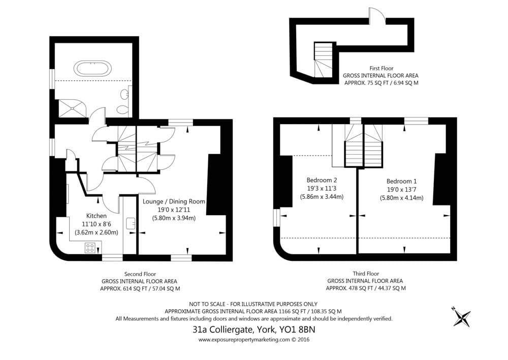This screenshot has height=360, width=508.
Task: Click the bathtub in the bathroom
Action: click(92, 68)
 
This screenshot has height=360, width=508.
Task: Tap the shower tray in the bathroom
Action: click(73, 108)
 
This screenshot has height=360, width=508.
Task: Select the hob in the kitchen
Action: click(90, 248)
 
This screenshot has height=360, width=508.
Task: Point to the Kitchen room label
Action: click(96, 216)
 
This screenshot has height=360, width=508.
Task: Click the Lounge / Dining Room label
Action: click(174, 201)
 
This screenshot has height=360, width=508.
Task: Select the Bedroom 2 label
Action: click(322, 180)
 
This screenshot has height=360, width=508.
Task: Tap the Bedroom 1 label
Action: click(401, 182)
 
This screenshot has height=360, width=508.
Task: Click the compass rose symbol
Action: click(461, 316)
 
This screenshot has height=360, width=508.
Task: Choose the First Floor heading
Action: click(382, 69)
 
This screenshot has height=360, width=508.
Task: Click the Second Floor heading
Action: click(140, 274)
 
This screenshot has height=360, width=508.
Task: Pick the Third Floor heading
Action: click(366, 274)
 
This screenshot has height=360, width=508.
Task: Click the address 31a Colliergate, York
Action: click(233, 329)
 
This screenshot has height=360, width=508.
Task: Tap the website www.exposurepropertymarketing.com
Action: click(244, 340)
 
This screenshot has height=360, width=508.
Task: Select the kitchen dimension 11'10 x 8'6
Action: click(96, 224)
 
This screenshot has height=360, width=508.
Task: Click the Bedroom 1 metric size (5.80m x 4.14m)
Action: click(401, 197)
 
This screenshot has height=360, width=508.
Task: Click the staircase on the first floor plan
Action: click(323, 60)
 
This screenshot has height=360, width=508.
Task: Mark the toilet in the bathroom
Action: click(123, 108)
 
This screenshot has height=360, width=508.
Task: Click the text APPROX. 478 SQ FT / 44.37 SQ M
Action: click(365, 288)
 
